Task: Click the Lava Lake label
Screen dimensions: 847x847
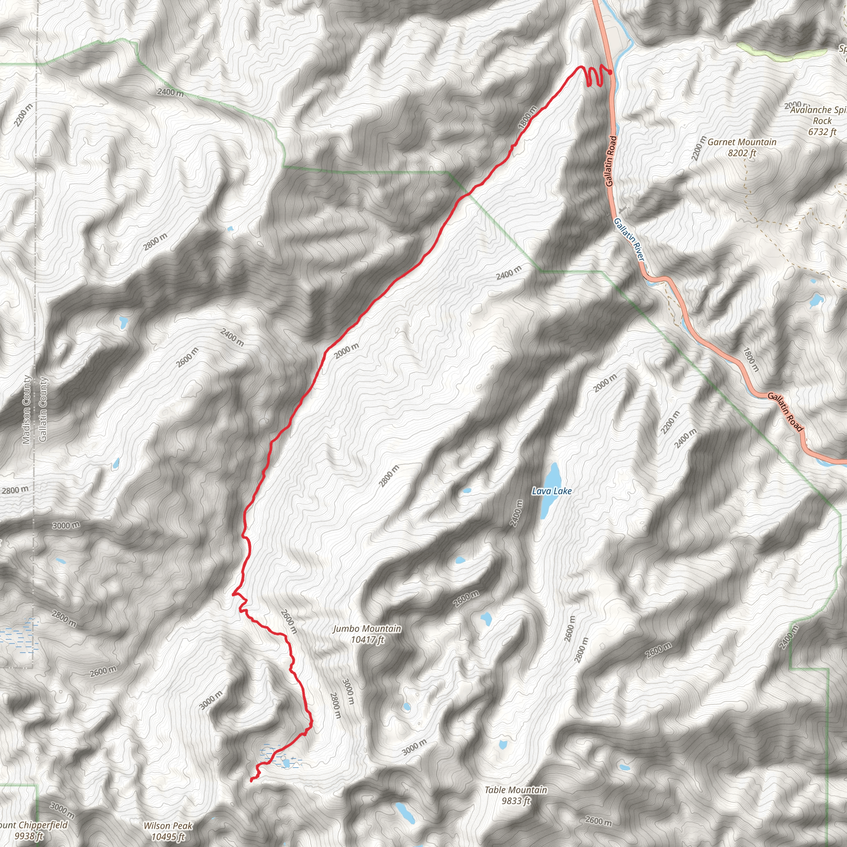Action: click(x=552, y=491)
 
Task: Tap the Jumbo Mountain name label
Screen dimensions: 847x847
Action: click(x=367, y=629)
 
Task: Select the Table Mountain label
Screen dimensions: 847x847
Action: click(x=516, y=790)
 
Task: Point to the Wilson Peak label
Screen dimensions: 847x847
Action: click(x=168, y=825)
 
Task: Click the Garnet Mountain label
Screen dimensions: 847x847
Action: click(x=742, y=142)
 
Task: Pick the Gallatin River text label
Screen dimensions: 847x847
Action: click(x=629, y=240)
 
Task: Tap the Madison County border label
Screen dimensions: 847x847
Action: click(x=27, y=409)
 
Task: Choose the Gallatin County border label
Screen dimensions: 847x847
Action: click(x=43, y=409)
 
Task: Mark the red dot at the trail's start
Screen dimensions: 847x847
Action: click(x=610, y=72)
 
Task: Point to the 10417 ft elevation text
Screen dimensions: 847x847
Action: click(x=367, y=640)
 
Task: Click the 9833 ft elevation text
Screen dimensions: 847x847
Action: click(x=516, y=801)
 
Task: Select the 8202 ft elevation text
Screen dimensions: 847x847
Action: click(x=742, y=153)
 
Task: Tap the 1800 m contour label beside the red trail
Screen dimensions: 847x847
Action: click(x=527, y=117)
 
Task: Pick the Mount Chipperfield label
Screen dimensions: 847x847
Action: click(x=33, y=825)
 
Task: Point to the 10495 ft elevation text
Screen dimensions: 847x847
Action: click(x=168, y=837)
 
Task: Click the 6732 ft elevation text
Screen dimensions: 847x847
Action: click(x=822, y=132)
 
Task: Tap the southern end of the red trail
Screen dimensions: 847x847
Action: click(x=251, y=780)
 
